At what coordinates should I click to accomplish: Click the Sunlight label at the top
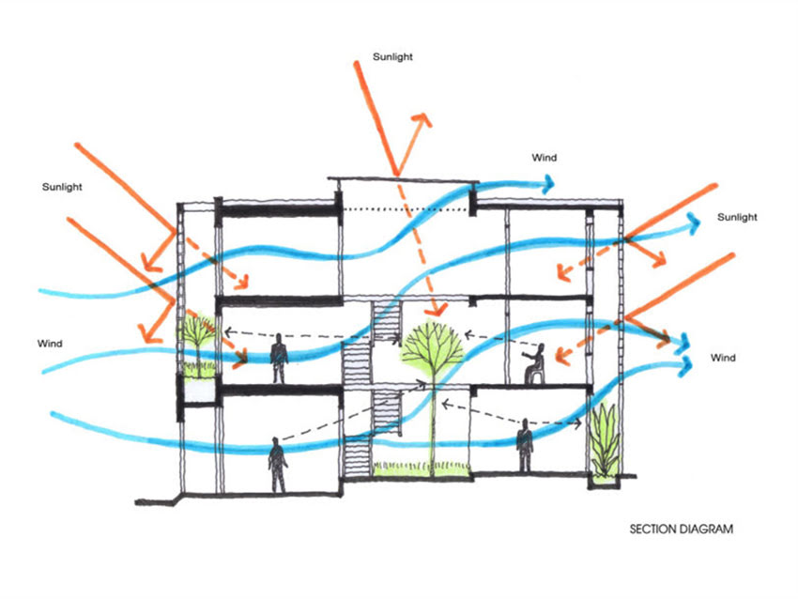pos(392,57)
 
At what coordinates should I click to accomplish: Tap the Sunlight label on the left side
pos(62,187)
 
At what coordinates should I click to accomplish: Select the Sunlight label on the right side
pos(737,217)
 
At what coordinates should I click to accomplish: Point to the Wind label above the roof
pos(544,158)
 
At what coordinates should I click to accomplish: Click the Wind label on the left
pos(50,344)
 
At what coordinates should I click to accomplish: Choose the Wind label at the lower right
pos(723,358)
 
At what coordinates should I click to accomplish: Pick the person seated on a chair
pos(534,363)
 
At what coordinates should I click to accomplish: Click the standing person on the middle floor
pos(279,359)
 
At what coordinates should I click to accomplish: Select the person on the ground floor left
pos(277,465)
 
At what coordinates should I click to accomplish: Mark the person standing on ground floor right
pos(524,445)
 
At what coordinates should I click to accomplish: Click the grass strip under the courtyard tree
pos(422,469)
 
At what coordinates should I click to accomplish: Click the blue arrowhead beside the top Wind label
pos(547,184)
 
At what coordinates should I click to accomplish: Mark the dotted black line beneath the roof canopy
pos(406,209)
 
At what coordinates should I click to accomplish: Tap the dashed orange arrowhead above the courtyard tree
pos(437,308)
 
